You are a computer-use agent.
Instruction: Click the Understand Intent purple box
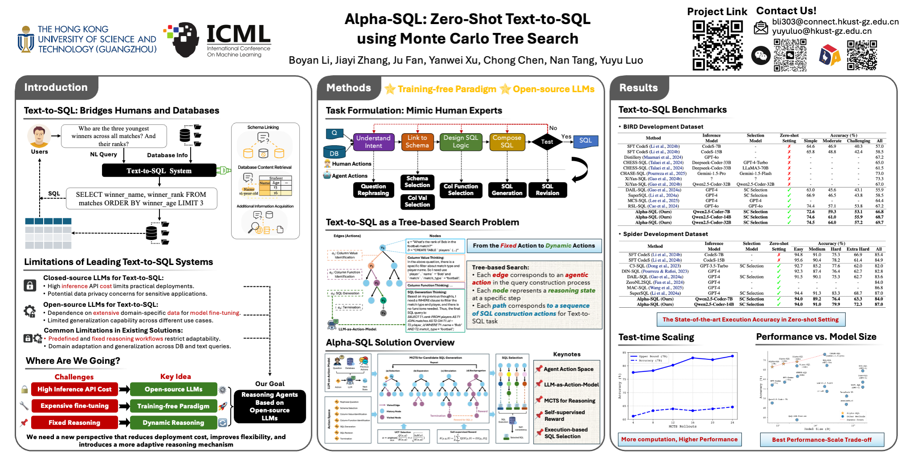(x=373, y=142)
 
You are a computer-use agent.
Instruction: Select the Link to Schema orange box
(x=417, y=142)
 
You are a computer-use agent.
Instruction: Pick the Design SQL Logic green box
(x=461, y=142)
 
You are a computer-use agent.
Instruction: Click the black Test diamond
(x=547, y=142)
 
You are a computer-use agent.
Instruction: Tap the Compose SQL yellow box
(x=507, y=142)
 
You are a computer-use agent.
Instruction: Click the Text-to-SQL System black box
(x=159, y=171)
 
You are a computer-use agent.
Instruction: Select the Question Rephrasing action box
(x=373, y=190)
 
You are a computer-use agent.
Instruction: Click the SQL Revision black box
(x=547, y=190)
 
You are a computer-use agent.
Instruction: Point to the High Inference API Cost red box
(x=74, y=389)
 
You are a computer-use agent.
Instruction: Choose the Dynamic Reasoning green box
(x=173, y=423)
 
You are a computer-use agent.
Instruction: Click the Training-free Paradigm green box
(x=173, y=406)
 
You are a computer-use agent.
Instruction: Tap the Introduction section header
(x=56, y=87)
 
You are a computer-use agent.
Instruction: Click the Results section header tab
(x=639, y=88)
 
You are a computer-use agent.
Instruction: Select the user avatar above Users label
(x=39, y=136)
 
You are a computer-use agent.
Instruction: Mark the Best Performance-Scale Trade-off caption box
(x=822, y=440)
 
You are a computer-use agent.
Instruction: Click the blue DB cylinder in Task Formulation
(x=334, y=152)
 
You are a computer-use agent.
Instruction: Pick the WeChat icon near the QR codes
(x=761, y=56)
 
